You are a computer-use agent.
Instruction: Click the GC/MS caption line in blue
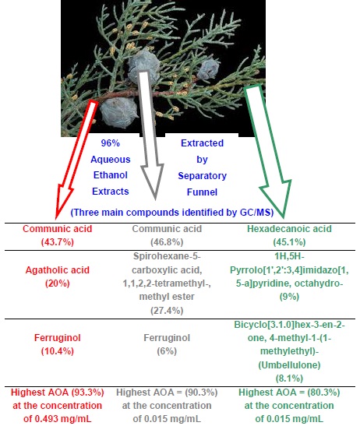180,212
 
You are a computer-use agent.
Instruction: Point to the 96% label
109,144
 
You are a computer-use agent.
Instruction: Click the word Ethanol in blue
108,176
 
